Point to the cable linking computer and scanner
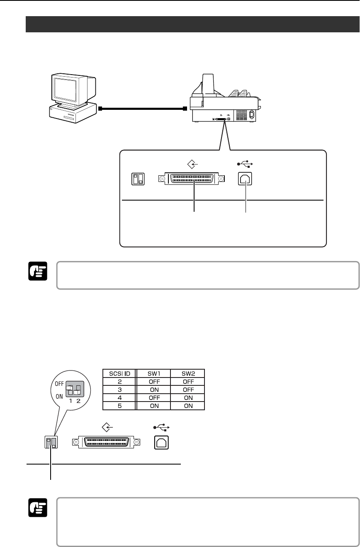tap(142, 109)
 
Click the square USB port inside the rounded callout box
tap(246, 179)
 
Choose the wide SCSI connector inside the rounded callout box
tap(192, 179)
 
